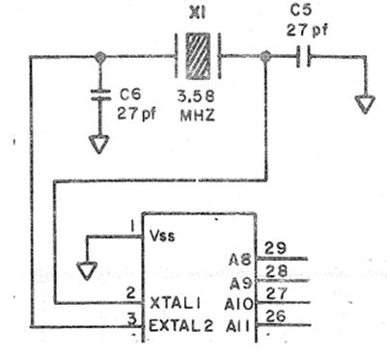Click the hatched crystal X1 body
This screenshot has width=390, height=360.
point(198,56)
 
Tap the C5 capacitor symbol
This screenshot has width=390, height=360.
point(303,56)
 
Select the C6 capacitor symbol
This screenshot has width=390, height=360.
point(100,95)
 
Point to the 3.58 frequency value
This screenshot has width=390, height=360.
point(196,97)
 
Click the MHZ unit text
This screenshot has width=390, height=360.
point(197,115)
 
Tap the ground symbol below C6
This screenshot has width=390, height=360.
point(99,144)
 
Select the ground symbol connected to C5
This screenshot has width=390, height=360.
point(365,104)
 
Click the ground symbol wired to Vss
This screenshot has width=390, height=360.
point(87,270)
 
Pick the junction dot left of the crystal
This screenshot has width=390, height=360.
point(100,57)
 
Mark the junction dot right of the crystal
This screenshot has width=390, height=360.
point(265,57)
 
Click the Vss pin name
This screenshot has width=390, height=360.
point(162,236)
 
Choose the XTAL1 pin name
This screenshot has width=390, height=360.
point(176,303)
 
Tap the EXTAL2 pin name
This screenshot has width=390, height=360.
point(181,326)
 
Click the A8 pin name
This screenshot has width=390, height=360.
point(239,260)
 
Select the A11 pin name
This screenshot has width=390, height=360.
point(237,327)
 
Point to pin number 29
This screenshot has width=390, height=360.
point(275,248)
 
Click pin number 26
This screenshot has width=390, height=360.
point(276,316)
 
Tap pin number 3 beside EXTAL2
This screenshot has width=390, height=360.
point(131,319)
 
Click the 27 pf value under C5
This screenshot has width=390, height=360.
point(307,31)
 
